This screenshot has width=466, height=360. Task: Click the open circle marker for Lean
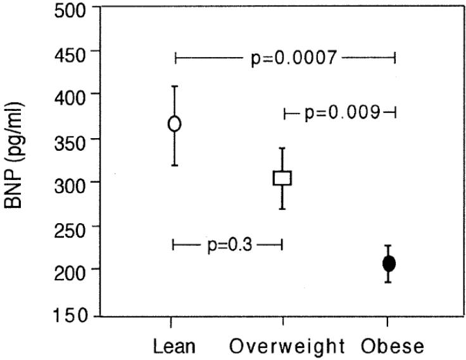(175, 124)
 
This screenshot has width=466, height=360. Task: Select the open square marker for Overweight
(282, 178)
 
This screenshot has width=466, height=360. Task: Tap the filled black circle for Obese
(389, 264)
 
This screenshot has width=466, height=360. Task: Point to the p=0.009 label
(343, 113)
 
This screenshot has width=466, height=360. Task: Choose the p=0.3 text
(230, 245)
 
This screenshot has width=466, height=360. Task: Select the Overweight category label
(287, 346)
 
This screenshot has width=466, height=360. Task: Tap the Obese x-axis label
(393, 346)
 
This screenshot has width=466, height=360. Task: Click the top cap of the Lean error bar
(175, 86)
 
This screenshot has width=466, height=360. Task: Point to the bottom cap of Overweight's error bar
(282, 209)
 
